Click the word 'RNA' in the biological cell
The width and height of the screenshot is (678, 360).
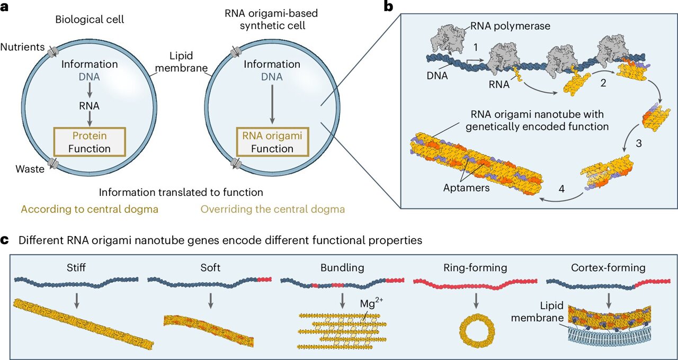pos(89,106)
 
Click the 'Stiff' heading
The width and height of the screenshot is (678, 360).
pos(76,267)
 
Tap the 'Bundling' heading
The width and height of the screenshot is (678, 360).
pos(342,267)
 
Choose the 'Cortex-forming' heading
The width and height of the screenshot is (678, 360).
pos(608,267)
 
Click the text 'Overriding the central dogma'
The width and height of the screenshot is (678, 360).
pos(272,209)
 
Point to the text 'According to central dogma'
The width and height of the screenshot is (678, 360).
pos(90,209)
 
